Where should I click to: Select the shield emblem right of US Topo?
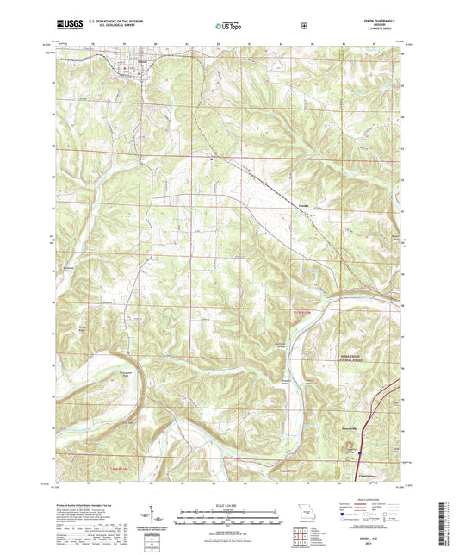[304, 26]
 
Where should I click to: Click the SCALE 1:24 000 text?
[228, 491]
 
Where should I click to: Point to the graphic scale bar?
[228, 501]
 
